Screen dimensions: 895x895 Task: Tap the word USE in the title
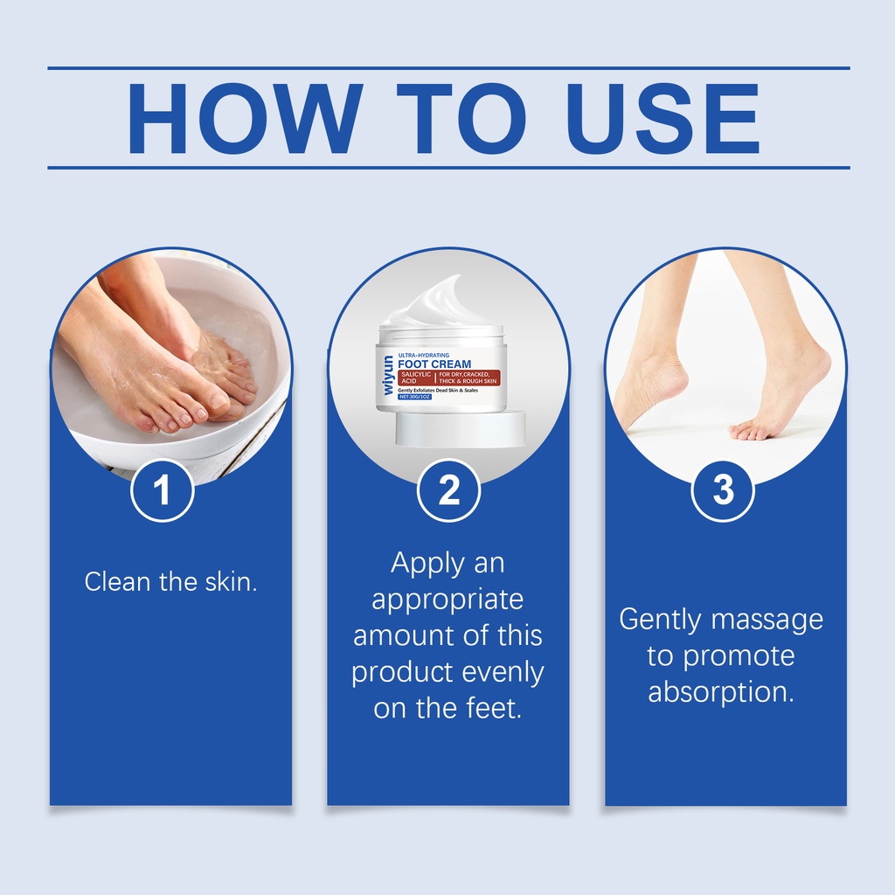[x=663, y=119]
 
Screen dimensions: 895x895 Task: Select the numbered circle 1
[x=163, y=490]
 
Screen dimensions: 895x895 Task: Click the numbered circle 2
[x=448, y=490]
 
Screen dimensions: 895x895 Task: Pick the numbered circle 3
[x=723, y=490]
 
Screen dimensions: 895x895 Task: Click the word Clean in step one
[x=118, y=581]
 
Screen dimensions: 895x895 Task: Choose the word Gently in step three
[x=660, y=621]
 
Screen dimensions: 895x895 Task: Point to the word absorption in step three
[x=721, y=693]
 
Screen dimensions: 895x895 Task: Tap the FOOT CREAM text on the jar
[x=434, y=364]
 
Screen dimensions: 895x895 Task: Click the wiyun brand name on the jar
[x=388, y=375]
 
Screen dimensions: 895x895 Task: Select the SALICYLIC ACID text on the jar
[x=416, y=378]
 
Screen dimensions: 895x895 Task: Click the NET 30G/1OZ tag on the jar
[x=414, y=397]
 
